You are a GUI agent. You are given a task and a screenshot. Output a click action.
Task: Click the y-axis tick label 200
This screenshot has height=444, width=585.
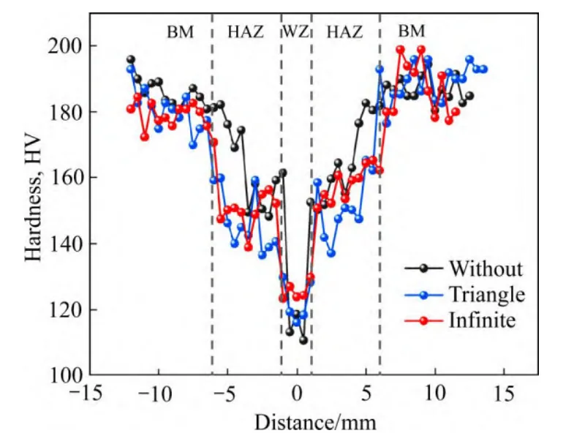67,46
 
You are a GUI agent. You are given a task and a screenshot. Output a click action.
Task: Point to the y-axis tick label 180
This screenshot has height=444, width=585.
67,112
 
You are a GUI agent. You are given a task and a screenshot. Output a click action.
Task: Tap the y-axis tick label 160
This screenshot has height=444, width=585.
67,178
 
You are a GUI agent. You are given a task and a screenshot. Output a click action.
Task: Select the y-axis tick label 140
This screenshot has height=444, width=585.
67,244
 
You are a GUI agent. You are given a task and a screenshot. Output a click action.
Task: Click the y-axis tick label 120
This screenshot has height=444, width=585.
67,309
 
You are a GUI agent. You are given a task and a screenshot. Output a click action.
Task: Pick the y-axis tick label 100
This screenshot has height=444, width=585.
67,375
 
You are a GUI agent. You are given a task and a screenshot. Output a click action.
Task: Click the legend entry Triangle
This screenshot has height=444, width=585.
487,294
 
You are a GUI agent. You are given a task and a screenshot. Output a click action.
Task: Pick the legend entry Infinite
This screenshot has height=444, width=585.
482,320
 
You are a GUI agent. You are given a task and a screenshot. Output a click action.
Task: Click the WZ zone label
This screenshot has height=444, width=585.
295,31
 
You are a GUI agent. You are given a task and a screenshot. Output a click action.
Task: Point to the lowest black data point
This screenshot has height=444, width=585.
303,341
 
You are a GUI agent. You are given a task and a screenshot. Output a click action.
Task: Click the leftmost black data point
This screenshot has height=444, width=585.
131,59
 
